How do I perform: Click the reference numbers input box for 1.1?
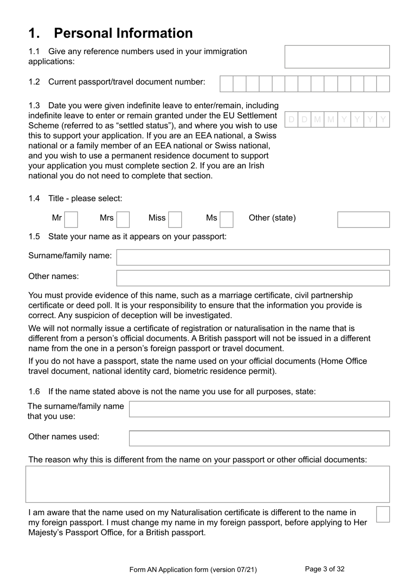337,57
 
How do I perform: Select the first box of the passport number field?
226,84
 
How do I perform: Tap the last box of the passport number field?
383,84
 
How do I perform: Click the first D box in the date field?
291,119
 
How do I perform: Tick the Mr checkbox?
71,220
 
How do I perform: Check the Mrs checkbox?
123,220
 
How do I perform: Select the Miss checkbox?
175,220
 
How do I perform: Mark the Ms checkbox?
226,220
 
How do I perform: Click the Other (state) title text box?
363,220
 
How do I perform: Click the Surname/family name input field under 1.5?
253,257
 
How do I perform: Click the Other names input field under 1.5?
253,278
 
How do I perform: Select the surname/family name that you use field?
259,409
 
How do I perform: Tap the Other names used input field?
259,438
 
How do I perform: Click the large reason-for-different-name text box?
207,484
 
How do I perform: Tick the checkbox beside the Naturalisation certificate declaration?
383,514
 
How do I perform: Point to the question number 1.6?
34,392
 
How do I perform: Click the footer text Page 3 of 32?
325,569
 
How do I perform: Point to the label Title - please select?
85,199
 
